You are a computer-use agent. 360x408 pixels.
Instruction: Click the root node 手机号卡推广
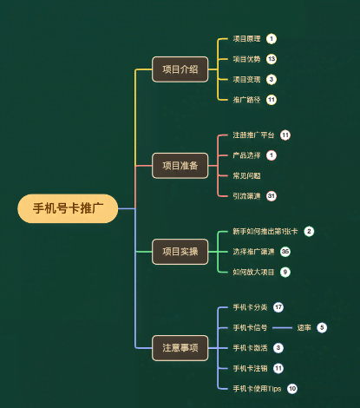[x=68, y=208]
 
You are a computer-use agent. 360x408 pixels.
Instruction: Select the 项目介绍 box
[x=180, y=69]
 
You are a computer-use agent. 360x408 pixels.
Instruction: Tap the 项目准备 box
[x=180, y=165]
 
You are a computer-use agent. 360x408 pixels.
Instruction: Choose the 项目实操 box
[x=180, y=252]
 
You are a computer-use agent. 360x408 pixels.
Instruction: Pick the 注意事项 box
[x=180, y=347]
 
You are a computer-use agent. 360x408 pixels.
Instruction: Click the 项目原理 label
[x=246, y=39]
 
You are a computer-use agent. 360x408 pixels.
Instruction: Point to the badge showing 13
[x=272, y=59]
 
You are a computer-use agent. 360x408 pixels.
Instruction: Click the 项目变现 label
[x=246, y=79]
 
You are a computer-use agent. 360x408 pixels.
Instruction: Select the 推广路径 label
[x=246, y=99]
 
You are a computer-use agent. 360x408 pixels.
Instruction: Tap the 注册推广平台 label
[x=253, y=135]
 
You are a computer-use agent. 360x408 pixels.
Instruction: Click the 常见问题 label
[x=246, y=175]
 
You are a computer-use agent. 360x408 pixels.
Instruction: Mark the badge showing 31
[x=272, y=195]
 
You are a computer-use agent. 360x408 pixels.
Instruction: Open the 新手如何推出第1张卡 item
[x=265, y=232]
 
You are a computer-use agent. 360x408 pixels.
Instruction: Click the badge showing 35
[x=285, y=252]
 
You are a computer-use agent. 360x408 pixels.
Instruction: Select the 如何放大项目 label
[x=253, y=272]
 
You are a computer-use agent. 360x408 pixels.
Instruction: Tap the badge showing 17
[x=278, y=307]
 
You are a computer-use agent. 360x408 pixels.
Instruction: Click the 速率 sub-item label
[x=304, y=327]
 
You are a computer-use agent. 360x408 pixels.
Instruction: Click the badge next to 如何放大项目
[x=285, y=272]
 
